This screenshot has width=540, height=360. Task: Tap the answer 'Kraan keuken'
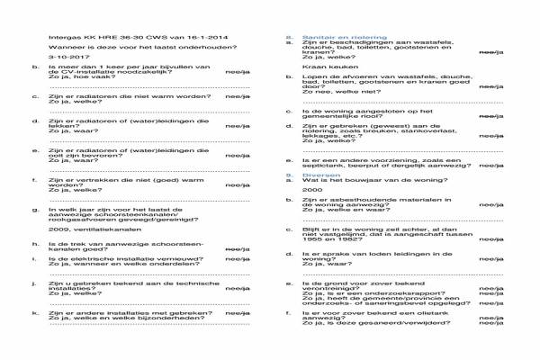[323, 67]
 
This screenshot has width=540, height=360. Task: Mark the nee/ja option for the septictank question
[491, 165]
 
